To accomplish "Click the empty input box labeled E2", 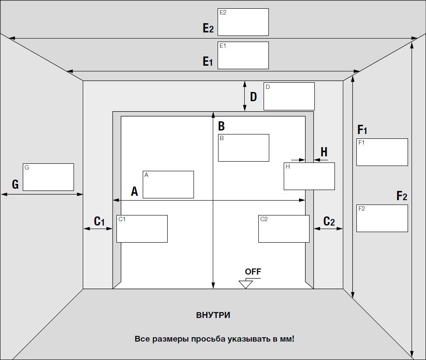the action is click(243, 22).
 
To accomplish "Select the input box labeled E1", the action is click(243, 56).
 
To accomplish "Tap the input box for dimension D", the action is click(289, 96).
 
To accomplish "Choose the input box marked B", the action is click(244, 148).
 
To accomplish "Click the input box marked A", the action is click(169, 184).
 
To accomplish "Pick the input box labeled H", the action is click(309, 176).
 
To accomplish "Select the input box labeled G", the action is click(48, 177).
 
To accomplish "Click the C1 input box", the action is click(142, 229).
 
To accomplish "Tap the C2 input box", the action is click(284, 229).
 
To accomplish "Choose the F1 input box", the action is click(382, 152).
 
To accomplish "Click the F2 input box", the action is click(382, 218).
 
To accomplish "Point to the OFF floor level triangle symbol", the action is click(246, 284).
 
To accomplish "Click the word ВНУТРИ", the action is click(213, 315).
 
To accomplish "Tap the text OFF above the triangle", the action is click(253, 272).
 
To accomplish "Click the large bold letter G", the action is click(15, 184).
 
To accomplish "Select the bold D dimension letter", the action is click(253, 97).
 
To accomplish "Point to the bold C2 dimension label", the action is click(329, 222).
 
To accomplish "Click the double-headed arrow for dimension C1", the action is click(98, 229).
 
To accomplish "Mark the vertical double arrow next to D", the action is click(245, 96).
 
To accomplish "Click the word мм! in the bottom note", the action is click(287, 339).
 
